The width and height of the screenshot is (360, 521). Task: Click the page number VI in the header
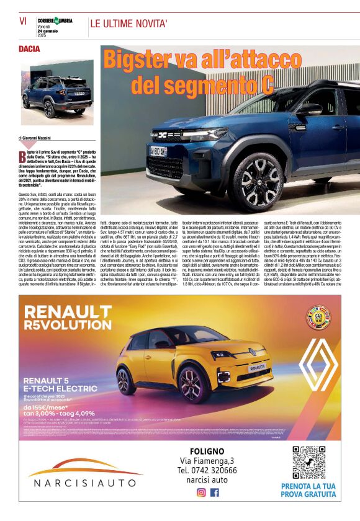pos(23,22)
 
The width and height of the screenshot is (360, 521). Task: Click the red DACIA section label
pos(29,49)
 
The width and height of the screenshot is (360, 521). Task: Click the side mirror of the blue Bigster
pos(308,108)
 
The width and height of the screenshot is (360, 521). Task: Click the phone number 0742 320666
pos(207,470)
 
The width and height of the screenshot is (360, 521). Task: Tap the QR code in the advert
pos(308,462)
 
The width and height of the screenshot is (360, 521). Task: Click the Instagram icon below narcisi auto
pos(200,492)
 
